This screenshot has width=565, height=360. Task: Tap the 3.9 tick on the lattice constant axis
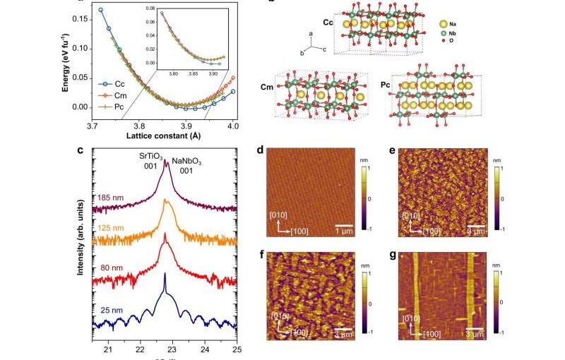tap(186, 126)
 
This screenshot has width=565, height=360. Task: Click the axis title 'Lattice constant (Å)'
tap(162, 135)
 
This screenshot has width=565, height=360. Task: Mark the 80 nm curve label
tap(111, 268)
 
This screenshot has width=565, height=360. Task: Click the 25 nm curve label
tap(111, 308)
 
